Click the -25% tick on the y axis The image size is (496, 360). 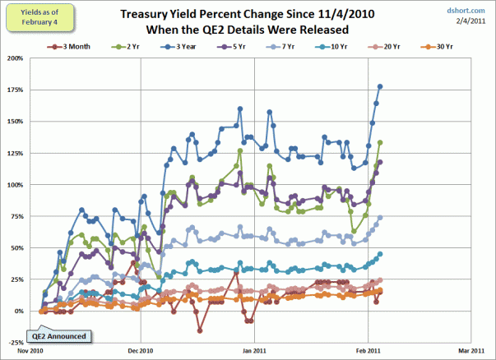(x=13, y=343)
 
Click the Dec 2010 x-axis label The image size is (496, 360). (x=141, y=349)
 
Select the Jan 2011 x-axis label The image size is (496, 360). (x=255, y=349)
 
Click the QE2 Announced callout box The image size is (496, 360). (x=58, y=335)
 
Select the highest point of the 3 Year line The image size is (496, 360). (x=380, y=86)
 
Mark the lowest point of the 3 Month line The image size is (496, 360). (x=200, y=330)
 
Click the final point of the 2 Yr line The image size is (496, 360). (x=380, y=142)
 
